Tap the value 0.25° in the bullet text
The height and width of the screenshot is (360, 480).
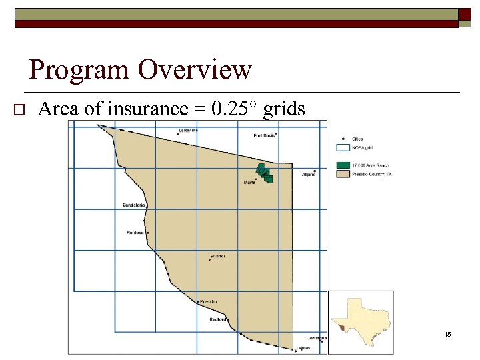click(233, 109)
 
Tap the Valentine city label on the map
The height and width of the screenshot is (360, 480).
click(188, 131)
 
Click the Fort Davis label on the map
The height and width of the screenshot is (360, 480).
click(264, 135)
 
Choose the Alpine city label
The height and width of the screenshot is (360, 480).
click(308, 175)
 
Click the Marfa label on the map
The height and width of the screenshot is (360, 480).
click(250, 182)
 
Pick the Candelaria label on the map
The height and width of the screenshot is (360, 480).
click(135, 205)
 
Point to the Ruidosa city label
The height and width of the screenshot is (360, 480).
click(135, 233)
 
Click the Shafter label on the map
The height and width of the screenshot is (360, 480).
click(217, 256)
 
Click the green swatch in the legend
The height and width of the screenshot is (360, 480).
click(343, 165)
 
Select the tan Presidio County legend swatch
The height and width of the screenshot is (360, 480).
click(343, 173)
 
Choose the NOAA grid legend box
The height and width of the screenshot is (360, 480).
click(343, 148)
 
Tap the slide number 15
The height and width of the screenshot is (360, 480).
click(447, 334)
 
